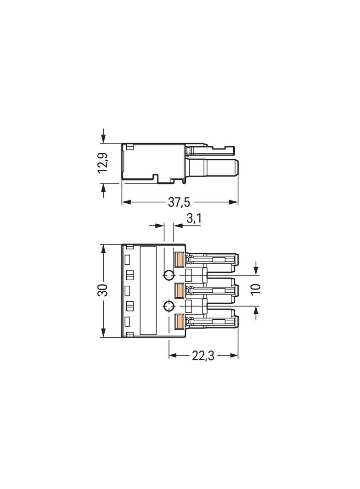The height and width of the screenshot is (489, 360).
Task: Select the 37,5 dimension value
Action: click(179, 202)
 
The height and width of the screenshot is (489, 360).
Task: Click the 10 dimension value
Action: click(256, 289)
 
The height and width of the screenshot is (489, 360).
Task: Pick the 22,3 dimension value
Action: click(204, 356)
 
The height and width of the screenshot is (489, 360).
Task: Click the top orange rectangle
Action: click(180, 259)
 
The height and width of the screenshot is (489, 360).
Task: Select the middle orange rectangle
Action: click(180, 290)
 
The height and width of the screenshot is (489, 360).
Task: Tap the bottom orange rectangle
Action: click(180, 322)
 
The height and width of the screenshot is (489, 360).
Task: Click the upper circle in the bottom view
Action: click(169, 275)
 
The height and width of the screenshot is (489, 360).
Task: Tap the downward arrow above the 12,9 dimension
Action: click(103, 139)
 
